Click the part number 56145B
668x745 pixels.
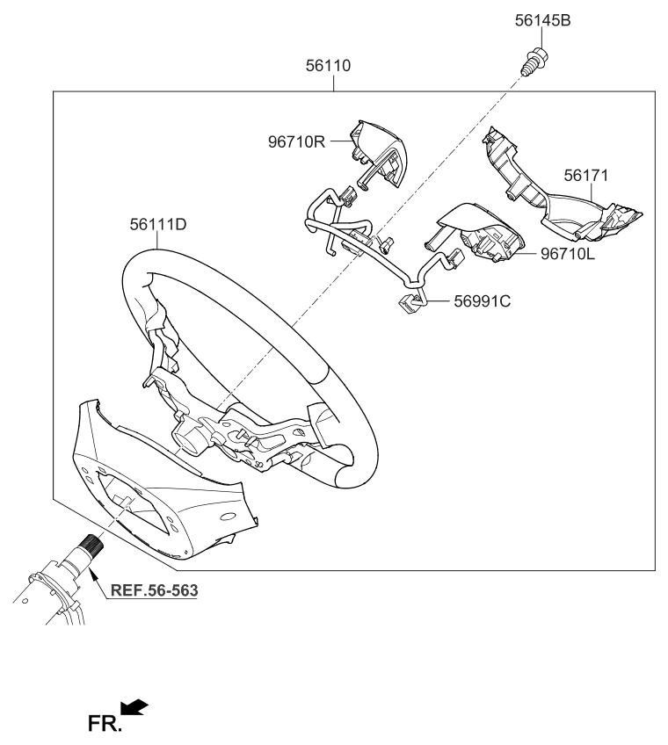(542, 20)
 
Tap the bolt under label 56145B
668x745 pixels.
(533, 61)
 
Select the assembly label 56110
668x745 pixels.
(328, 65)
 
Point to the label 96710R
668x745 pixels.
(297, 141)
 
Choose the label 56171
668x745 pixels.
(585, 176)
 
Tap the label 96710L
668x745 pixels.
(567, 254)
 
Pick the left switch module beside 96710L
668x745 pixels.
(476, 234)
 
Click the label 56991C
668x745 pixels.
(482, 300)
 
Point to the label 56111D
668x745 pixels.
(158, 224)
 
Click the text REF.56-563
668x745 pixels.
(154, 590)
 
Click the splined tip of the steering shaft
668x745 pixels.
(91, 543)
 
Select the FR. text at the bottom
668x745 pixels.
(105, 724)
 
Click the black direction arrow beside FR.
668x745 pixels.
(134, 706)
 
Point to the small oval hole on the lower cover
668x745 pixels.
(229, 516)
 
